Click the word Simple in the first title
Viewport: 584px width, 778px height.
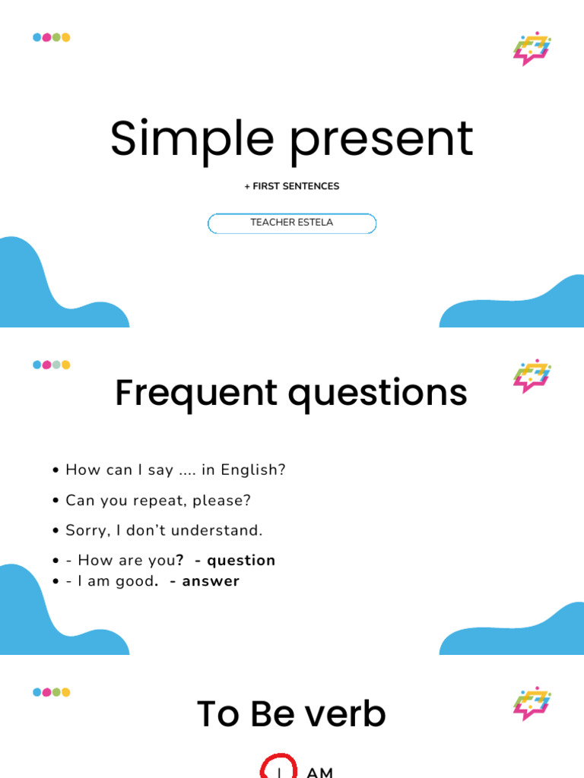(x=192, y=140)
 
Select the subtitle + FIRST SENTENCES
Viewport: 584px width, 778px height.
(x=292, y=186)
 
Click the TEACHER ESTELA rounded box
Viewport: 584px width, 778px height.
(x=292, y=223)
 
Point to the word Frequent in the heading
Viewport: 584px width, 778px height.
(x=196, y=394)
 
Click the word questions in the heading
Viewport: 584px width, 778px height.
(x=378, y=395)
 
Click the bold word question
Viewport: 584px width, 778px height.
(x=241, y=561)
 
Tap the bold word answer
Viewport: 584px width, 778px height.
(x=211, y=581)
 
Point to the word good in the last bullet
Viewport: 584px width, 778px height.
(x=137, y=581)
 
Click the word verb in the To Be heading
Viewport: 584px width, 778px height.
(x=345, y=714)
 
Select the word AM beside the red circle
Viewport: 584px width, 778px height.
(x=320, y=773)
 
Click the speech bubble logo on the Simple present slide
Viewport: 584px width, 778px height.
(x=532, y=49)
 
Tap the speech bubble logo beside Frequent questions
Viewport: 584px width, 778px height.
(x=532, y=376)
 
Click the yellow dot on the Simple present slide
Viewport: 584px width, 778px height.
(x=65, y=37)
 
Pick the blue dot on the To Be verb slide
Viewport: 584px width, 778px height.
(x=37, y=692)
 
